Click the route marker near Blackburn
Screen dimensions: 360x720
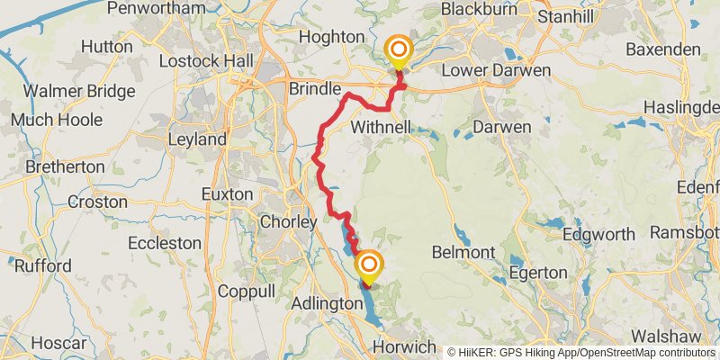coord(397,50)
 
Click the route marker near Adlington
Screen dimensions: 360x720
coord(369,265)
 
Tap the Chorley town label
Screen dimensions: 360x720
coord(287,221)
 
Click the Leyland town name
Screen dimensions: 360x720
coord(197,139)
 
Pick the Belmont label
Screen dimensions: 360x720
coord(463,251)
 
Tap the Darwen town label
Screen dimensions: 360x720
coord(502,126)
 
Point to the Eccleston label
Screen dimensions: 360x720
coord(164,243)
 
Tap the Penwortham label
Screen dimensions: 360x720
coord(151,8)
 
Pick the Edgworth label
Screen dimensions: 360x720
coord(598,234)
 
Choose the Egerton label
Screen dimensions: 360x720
coord(539,272)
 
